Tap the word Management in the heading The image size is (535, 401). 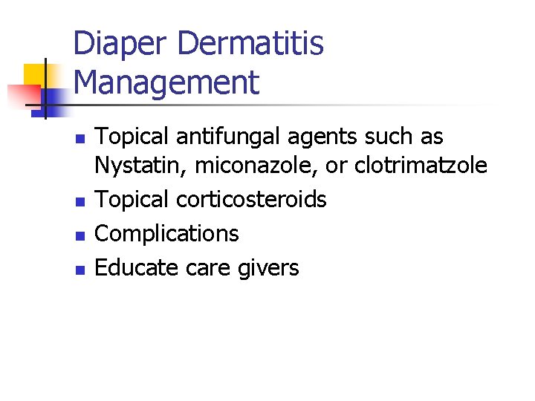[x=167, y=82]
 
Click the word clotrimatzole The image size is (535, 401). [x=421, y=166]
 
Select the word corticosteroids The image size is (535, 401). [x=251, y=199]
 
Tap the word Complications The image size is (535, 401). [x=167, y=233]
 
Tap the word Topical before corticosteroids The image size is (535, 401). [x=133, y=199]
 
